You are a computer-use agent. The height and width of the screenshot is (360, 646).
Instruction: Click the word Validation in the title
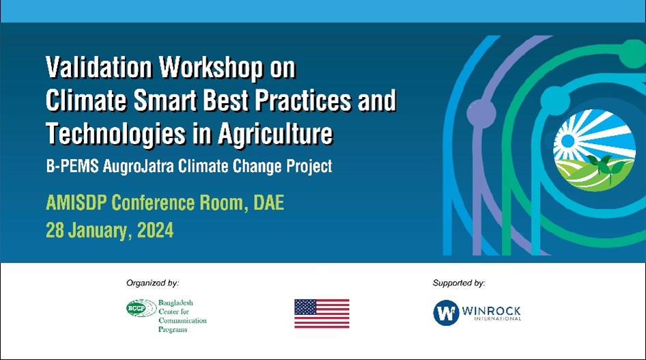[99, 67]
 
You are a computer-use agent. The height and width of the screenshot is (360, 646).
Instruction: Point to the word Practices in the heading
[303, 100]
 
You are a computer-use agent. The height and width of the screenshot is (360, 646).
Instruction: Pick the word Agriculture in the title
[275, 135]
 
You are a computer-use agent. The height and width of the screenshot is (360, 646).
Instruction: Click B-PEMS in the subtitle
[72, 167]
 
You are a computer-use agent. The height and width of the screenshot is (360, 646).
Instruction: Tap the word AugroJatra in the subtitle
[138, 167]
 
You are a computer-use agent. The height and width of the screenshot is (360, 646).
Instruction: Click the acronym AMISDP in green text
[76, 203]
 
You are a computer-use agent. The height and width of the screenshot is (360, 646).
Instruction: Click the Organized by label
[152, 283]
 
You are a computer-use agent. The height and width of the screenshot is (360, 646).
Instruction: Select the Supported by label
[458, 283]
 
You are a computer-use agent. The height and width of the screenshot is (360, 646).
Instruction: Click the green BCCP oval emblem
[141, 308]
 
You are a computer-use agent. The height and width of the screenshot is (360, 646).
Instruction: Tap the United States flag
[322, 314]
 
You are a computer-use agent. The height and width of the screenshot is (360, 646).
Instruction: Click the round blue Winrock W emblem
[446, 313]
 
